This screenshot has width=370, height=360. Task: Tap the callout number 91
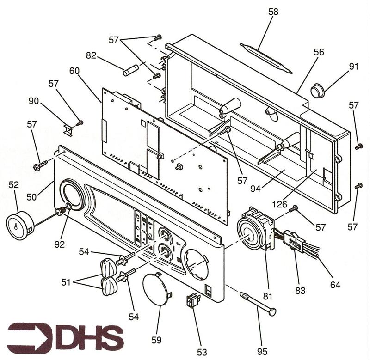(x=354, y=66)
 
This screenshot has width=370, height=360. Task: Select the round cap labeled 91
(x=317, y=91)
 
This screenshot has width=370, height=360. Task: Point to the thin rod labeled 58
(x=265, y=58)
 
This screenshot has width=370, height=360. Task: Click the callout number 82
(x=92, y=56)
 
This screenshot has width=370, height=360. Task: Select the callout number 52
(x=14, y=185)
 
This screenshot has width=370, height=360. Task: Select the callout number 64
(x=335, y=285)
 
